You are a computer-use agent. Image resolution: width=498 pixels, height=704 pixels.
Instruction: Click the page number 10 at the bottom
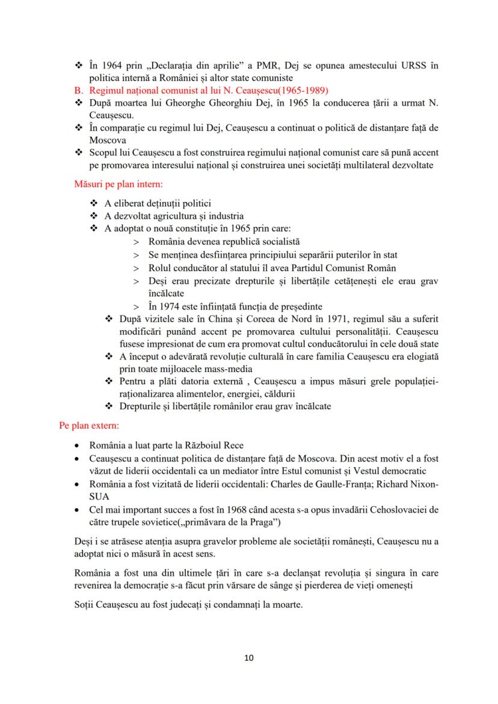pos(249,657)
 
